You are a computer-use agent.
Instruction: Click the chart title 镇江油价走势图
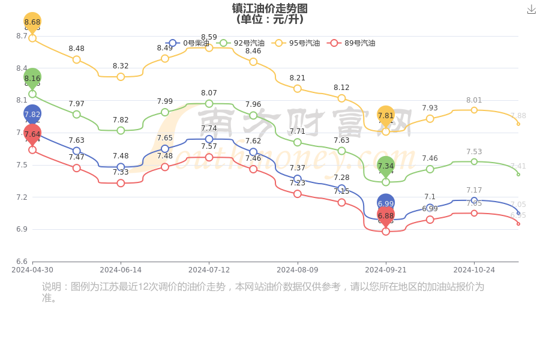click(x=269, y=8)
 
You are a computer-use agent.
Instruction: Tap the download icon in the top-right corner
click(x=532, y=9)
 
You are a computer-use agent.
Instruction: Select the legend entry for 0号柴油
click(x=188, y=43)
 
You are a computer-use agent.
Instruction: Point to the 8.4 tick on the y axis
click(x=22, y=68)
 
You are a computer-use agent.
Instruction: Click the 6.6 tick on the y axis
click(x=22, y=262)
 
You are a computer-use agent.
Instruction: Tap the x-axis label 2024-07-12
click(x=209, y=270)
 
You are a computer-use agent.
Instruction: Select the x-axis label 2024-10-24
click(x=474, y=270)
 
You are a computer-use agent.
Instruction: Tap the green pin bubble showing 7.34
click(x=386, y=166)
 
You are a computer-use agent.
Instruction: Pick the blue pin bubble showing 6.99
click(x=386, y=203)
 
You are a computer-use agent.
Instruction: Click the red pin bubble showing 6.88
click(x=386, y=215)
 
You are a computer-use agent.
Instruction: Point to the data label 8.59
click(x=209, y=37)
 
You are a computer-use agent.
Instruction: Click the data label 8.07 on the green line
click(x=209, y=93)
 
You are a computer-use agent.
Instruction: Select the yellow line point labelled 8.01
click(x=474, y=110)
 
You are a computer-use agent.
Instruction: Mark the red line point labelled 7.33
click(x=121, y=183)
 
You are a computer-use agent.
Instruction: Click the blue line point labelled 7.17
click(x=474, y=200)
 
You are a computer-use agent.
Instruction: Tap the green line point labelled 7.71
click(x=298, y=142)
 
